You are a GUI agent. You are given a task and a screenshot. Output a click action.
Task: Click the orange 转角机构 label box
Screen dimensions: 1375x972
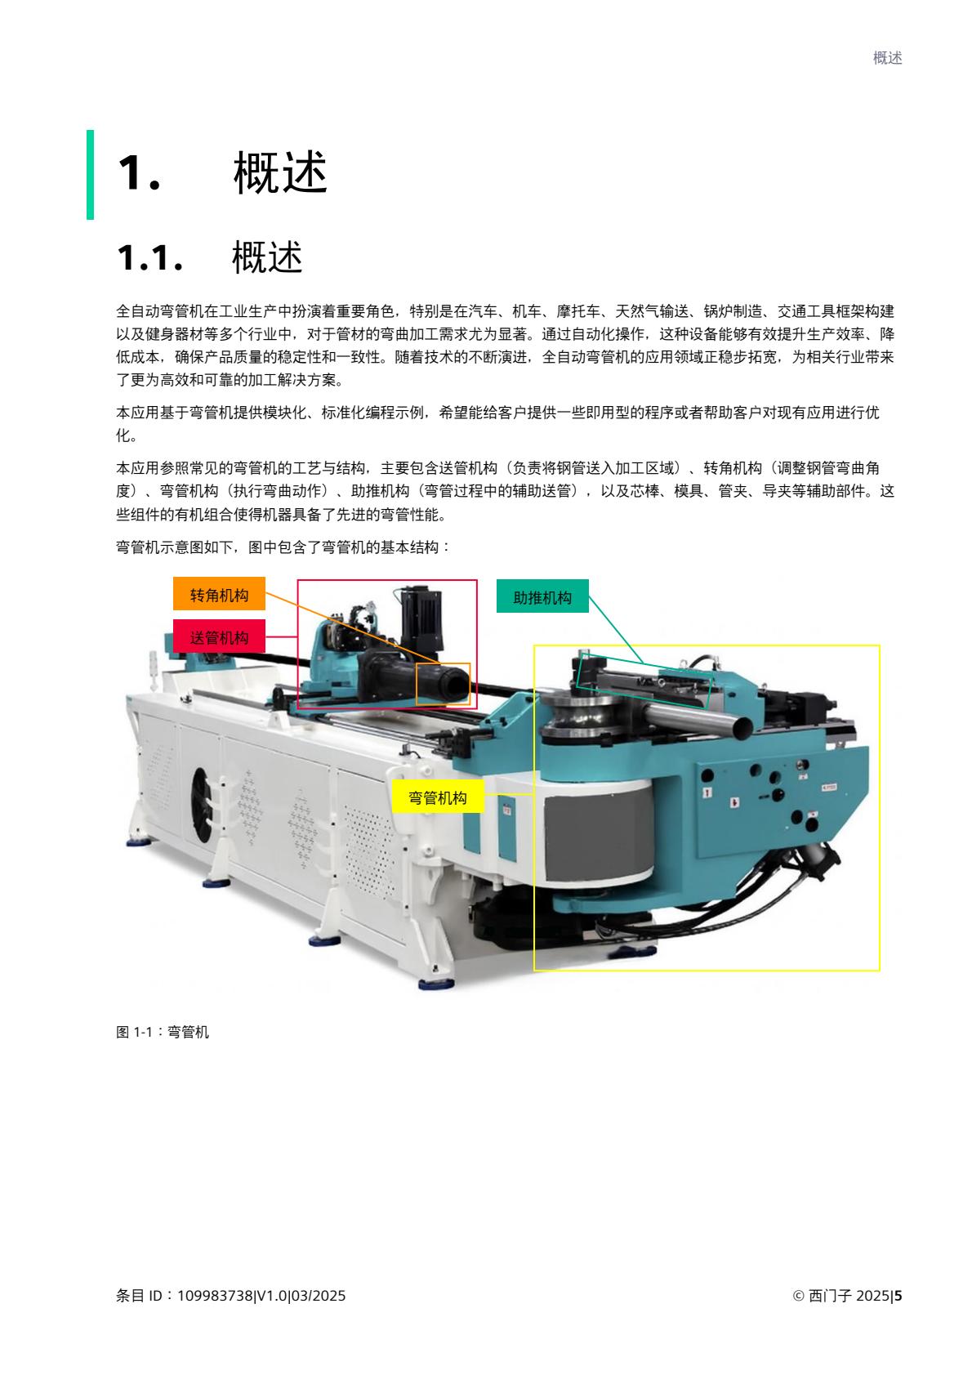[219, 594]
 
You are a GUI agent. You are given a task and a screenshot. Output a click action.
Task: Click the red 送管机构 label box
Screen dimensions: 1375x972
[219, 636]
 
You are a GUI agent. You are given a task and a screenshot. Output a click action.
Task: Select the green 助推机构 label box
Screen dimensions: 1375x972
[542, 597]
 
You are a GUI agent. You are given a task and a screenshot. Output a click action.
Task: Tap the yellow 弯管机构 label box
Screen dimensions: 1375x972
[438, 797]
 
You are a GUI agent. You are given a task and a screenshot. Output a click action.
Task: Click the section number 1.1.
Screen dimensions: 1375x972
[149, 258]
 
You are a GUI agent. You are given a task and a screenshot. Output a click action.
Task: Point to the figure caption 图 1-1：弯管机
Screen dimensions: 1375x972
[163, 1032]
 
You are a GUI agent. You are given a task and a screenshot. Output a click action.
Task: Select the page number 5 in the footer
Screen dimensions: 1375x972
[898, 1295]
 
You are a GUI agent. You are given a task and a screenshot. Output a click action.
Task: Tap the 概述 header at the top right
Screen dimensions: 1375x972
[887, 58]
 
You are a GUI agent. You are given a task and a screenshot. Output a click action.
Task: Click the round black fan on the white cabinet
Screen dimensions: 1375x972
[202, 805]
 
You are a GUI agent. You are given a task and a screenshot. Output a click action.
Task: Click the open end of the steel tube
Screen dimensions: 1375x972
[742, 725]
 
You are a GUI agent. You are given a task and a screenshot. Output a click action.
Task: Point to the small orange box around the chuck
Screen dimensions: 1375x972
[443, 683]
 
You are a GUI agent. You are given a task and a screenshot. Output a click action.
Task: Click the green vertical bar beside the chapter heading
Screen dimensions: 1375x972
[90, 174]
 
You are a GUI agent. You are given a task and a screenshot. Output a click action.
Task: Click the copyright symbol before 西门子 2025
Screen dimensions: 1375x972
[798, 1295]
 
